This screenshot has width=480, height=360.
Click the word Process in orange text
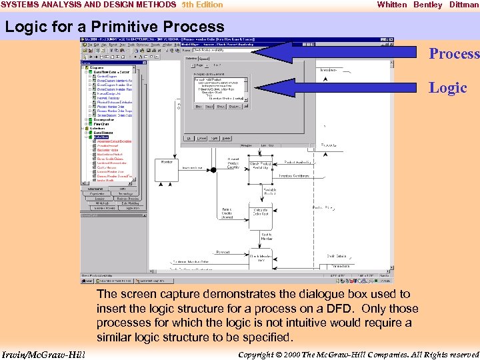coord(454,54)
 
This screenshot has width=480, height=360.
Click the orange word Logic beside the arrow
coord(447,87)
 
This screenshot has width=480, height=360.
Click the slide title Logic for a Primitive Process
coord(115,27)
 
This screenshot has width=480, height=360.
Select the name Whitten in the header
coord(392,5)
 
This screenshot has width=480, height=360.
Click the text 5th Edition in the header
coord(202,5)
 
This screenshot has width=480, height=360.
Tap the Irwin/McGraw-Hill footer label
coord(43,353)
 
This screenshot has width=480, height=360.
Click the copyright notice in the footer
coord(358,353)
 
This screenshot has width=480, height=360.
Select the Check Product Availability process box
coord(259,165)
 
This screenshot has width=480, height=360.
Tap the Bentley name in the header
coord(427,5)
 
